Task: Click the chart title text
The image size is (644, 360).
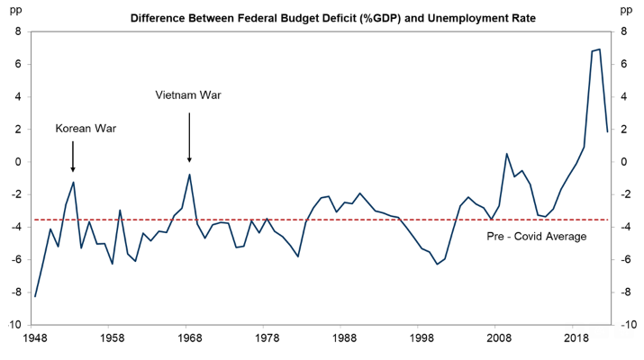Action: (x=322, y=17)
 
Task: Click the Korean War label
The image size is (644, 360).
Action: (x=86, y=129)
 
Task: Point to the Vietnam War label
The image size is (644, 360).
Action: (x=187, y=94)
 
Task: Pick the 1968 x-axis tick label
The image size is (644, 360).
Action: (x=188, y=339)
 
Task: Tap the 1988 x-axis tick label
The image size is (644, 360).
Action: (x=343, y=339)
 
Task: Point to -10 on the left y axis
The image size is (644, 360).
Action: (x=14, y=325)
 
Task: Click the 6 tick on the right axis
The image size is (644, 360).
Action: (x=621, y=64)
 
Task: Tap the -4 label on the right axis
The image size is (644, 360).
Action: (x=624, y=227)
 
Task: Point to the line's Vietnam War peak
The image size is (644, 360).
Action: (x=189, y=175)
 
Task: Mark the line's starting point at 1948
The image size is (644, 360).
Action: (x=35, y=296)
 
